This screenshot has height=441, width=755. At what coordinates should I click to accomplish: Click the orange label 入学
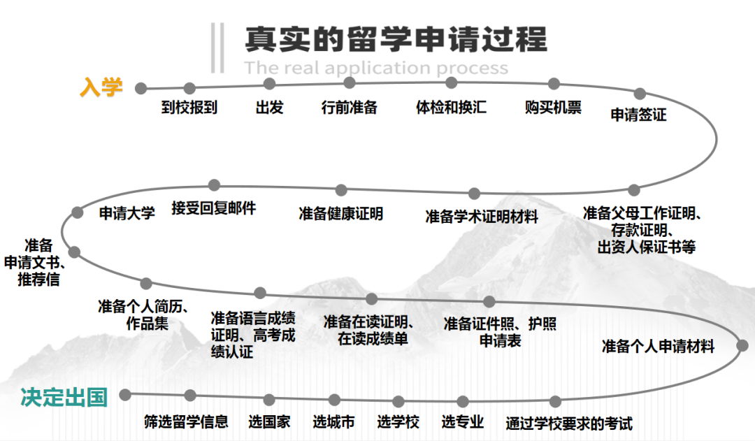coord(101,87)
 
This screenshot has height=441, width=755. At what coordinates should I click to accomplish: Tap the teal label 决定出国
coord(64,398)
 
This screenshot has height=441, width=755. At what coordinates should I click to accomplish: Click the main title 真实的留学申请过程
coord(396,39)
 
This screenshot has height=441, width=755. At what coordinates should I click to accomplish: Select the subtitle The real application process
coord(376,68)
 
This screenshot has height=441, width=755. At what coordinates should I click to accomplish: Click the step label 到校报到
coord(189,108)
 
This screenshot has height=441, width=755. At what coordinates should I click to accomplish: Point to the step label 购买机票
coord(553,108)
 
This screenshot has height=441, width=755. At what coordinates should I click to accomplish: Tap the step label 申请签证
coord(638,115)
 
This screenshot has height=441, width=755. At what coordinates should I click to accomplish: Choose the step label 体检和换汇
coord(451,108)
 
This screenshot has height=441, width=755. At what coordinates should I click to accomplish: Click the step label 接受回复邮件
coord(213,208)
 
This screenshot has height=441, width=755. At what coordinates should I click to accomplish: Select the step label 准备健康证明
coord(340,214)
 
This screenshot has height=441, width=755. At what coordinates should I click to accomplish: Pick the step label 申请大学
coord(127,213)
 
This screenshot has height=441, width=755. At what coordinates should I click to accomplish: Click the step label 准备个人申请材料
coord(658,346)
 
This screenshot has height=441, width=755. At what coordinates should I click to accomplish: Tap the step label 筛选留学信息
coord(186,421)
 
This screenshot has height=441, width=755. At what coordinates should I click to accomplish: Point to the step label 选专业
coord(462,421)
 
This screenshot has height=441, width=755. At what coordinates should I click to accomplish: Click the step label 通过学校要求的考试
coord(569,424)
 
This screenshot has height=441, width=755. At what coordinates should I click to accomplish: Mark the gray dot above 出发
coord(270,84)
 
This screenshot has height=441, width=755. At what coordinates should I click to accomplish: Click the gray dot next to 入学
coord(141,88)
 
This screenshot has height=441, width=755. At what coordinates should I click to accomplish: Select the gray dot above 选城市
coord(334,400)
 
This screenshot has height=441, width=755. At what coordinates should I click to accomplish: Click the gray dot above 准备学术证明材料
coord(475,194)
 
